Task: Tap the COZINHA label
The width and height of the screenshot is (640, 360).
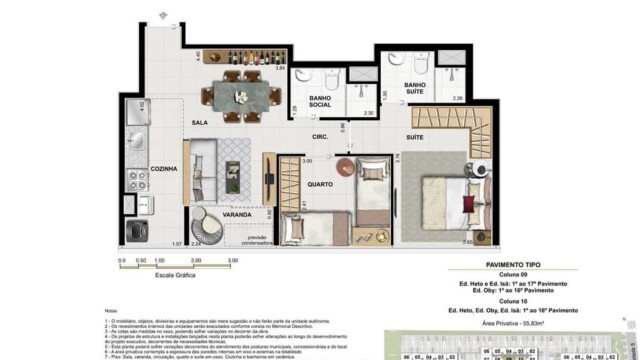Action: (x=165, y=169)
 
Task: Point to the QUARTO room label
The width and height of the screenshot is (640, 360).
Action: (x=291, y=184)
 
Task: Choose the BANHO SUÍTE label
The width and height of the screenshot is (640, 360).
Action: (x=416, y=90)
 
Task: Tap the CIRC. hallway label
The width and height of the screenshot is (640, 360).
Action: (x=321, y=135)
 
